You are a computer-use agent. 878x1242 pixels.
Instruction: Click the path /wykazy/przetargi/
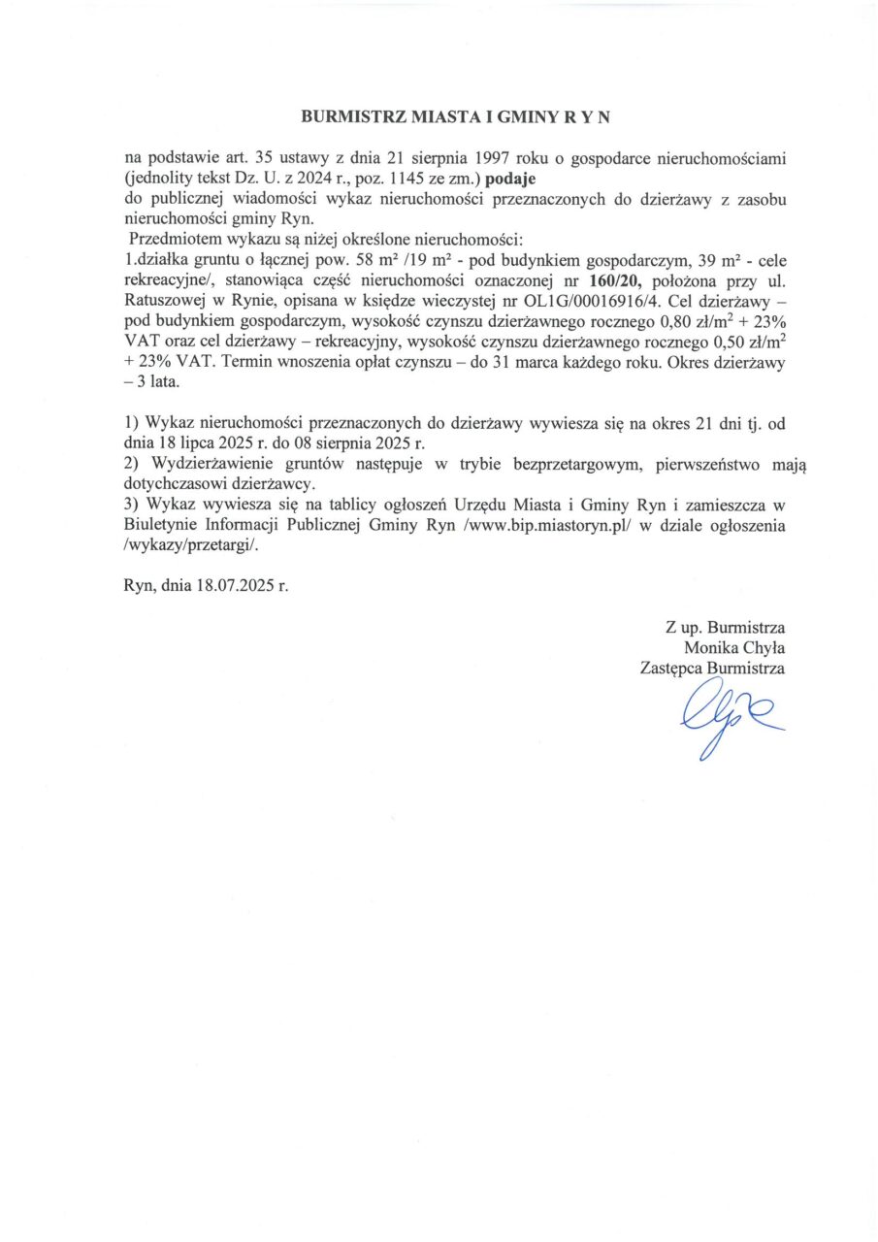click(190, 545)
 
